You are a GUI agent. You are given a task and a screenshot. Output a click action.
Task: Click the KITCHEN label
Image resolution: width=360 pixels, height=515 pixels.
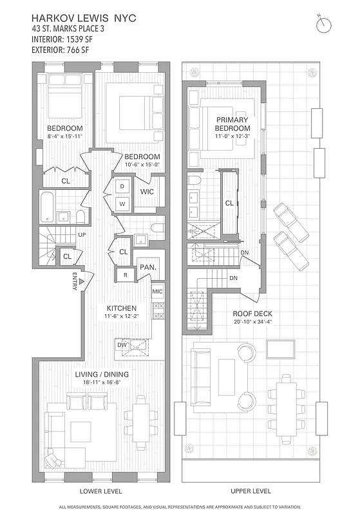click(x=120, y=308)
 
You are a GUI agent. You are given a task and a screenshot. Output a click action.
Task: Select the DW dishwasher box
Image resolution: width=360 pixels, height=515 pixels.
click(x=122, y=345)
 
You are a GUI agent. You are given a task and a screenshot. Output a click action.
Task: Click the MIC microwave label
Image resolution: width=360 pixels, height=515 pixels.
click(x=158, y=292)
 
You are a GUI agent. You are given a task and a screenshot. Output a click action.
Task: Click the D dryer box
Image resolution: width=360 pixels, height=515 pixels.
click(x=122, y=186)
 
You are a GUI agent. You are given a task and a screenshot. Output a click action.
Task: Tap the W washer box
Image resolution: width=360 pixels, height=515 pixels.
click(x=122, y=204)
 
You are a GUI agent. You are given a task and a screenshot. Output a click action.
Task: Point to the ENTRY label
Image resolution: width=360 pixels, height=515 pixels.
click(x=75, y=282)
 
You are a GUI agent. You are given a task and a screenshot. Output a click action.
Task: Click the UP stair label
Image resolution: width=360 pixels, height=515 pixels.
click(x=82, y=235)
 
